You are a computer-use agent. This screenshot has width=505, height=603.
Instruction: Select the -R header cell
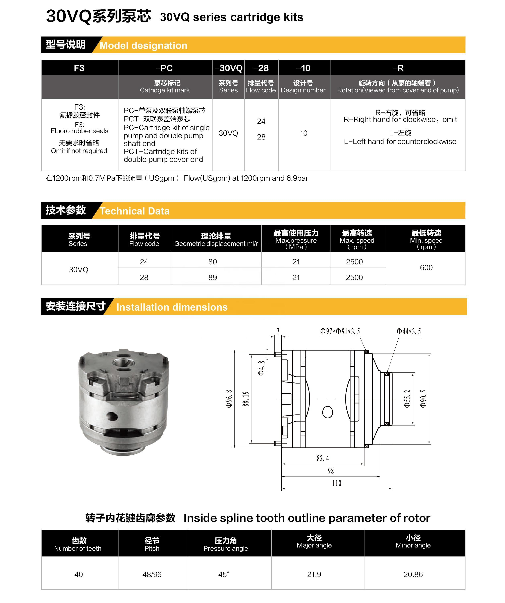tap(398, 68)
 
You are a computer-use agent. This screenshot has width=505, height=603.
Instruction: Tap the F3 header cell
tap(79, 68)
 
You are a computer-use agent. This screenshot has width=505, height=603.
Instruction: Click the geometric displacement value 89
tap(213, 277)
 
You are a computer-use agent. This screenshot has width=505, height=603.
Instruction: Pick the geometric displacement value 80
tap(213, 262)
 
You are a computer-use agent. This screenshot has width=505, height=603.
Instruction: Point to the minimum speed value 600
tap(426, 268)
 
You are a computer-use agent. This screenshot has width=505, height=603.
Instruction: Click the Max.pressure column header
tap(296, 239)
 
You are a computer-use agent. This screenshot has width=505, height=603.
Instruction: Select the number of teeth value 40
tap(78, 574)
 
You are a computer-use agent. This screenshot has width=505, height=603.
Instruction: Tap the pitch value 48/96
tap(152, 574)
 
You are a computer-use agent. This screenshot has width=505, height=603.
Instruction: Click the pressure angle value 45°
tap(224, 574)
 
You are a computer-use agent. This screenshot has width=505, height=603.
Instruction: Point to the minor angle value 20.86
tap(413, 574)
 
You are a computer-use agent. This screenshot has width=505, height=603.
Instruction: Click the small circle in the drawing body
tap(328, 412)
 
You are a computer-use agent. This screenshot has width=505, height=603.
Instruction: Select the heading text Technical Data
tap(135, 211)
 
